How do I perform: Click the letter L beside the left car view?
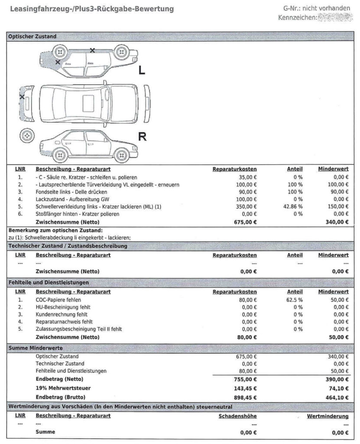point(142,71)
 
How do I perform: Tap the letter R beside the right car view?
point(142,137)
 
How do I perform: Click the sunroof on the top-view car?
point(88,102)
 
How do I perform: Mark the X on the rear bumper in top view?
point(22,97)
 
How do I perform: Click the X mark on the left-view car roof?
point(92,50)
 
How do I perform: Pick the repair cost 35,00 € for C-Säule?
point(246,177)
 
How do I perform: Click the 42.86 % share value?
point(293,207)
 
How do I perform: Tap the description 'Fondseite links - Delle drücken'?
point(71,192)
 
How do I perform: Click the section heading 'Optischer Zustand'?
point(32,37)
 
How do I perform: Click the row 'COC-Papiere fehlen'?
point(58,300)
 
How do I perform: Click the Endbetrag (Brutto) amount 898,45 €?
point(245,397)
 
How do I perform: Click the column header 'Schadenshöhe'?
point(238,416)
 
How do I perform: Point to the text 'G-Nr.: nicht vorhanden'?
point(317,8)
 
